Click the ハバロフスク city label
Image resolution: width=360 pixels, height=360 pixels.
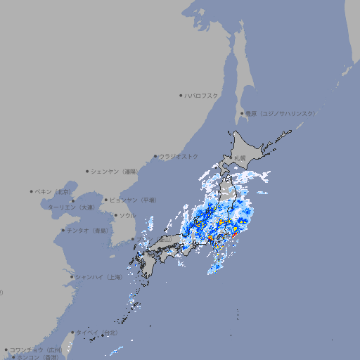coord(202,95)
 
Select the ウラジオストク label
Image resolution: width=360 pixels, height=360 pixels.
coord(179,156)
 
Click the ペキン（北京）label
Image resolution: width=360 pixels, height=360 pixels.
coord(53,191)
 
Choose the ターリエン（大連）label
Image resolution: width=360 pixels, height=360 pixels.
coord(71,207)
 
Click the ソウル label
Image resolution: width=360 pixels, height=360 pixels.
coord(127,215)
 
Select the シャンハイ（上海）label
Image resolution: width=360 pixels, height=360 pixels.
coord(99,276)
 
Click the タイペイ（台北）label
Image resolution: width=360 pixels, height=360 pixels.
coord(96,332)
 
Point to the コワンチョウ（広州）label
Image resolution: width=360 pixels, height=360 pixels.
coord(36,349)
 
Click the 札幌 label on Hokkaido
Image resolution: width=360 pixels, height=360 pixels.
coord(240,157)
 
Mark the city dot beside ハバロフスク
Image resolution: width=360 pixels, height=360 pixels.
coord(181,95)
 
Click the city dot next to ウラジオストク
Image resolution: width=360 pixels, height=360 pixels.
coord(155,156)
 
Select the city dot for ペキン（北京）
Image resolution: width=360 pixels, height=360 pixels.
coord(32,191)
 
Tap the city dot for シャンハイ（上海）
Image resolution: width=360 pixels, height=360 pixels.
coord(72,276)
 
